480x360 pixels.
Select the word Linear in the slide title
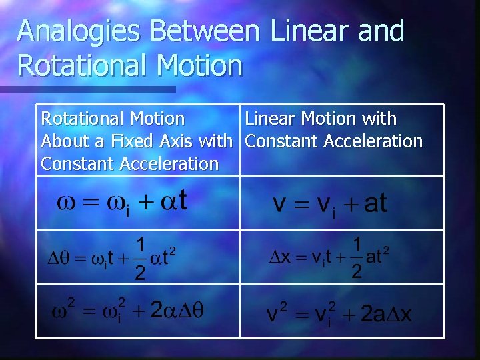coord(306,31)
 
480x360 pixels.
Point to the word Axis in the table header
coord(178,141)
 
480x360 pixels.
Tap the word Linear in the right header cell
coord(271,119)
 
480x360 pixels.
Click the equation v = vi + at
coord(330,203)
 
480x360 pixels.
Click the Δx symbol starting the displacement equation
coord(279,257)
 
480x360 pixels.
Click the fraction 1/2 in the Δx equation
coord(357,257)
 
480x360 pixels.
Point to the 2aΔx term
coord(386,314)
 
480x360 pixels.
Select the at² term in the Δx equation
coord(377,255)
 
